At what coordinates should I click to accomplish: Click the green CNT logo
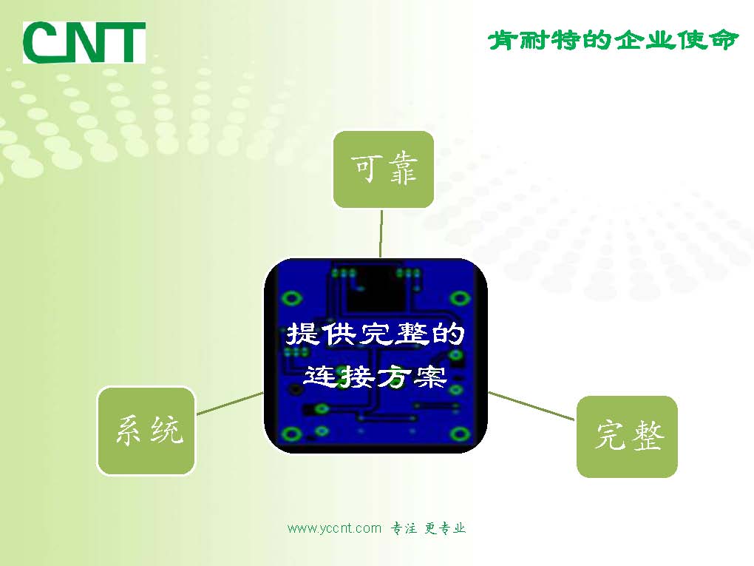tap(84, 42)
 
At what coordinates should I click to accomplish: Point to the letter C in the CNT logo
tap(41, 42)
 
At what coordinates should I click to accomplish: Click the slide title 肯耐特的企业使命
tap(613, 40)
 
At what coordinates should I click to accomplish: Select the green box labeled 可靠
tap(383, 169)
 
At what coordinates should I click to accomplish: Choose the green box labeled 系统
tap(146, 430)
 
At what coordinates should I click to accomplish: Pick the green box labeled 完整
tap(627, 437)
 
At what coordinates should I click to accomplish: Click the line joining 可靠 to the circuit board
tap(381, 233)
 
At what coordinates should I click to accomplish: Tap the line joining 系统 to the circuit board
tap(230, 402)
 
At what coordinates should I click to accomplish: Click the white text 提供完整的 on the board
tap(376, 334)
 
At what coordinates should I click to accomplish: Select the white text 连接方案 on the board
tap(376, 377)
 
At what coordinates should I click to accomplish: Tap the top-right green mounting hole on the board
tap(461, 297)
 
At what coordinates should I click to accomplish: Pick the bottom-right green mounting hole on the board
tap(461, 434)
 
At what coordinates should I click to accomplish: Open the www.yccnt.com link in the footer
tap(334, 528)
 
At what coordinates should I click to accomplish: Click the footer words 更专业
tap(445, 528)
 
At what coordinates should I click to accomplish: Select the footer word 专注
tap(404, 528)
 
